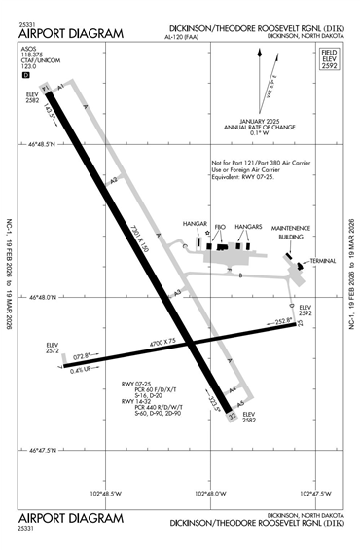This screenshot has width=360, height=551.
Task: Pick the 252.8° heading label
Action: pos(283,321)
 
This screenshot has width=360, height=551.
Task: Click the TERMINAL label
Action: pos(322,261)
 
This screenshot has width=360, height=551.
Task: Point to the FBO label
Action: pos(220,227)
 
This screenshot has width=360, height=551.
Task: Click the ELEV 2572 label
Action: pos(53,349)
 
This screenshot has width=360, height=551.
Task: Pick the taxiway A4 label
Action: pos(232,390)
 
